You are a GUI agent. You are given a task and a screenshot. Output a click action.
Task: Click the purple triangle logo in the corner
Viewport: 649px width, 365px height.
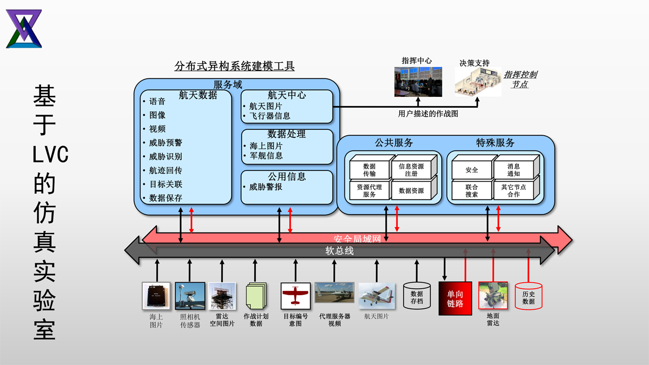point(24,29)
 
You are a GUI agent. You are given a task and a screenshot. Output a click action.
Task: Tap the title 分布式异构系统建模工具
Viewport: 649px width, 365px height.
point(235,67)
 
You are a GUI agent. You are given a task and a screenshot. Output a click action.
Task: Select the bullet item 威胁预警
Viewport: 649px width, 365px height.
point(165,143)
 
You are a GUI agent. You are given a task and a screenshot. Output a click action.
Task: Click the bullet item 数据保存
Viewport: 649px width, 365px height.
point(165,198)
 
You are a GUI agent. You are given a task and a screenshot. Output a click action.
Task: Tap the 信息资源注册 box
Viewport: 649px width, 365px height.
point(411,170)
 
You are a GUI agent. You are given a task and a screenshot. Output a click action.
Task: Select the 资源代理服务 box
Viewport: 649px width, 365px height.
point(369,190)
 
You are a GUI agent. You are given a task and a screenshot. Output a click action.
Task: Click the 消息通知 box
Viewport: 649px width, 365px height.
point(513,170)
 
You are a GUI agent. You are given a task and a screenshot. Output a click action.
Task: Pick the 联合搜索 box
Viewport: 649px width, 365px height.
point(472,190)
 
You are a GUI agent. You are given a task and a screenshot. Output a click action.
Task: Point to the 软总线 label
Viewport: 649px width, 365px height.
point(339,251)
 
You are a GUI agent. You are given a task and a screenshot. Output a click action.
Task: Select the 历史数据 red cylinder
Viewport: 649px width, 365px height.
point(528,297)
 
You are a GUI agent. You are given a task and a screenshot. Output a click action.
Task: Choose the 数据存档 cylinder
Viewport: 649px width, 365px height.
point(417,296)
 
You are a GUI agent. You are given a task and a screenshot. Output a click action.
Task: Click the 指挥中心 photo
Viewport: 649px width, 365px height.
point(418,82)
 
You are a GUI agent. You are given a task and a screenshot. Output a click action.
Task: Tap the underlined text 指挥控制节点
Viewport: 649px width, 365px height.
point(520,79)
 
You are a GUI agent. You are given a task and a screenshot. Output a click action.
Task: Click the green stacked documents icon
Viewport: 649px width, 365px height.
point(256,296)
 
